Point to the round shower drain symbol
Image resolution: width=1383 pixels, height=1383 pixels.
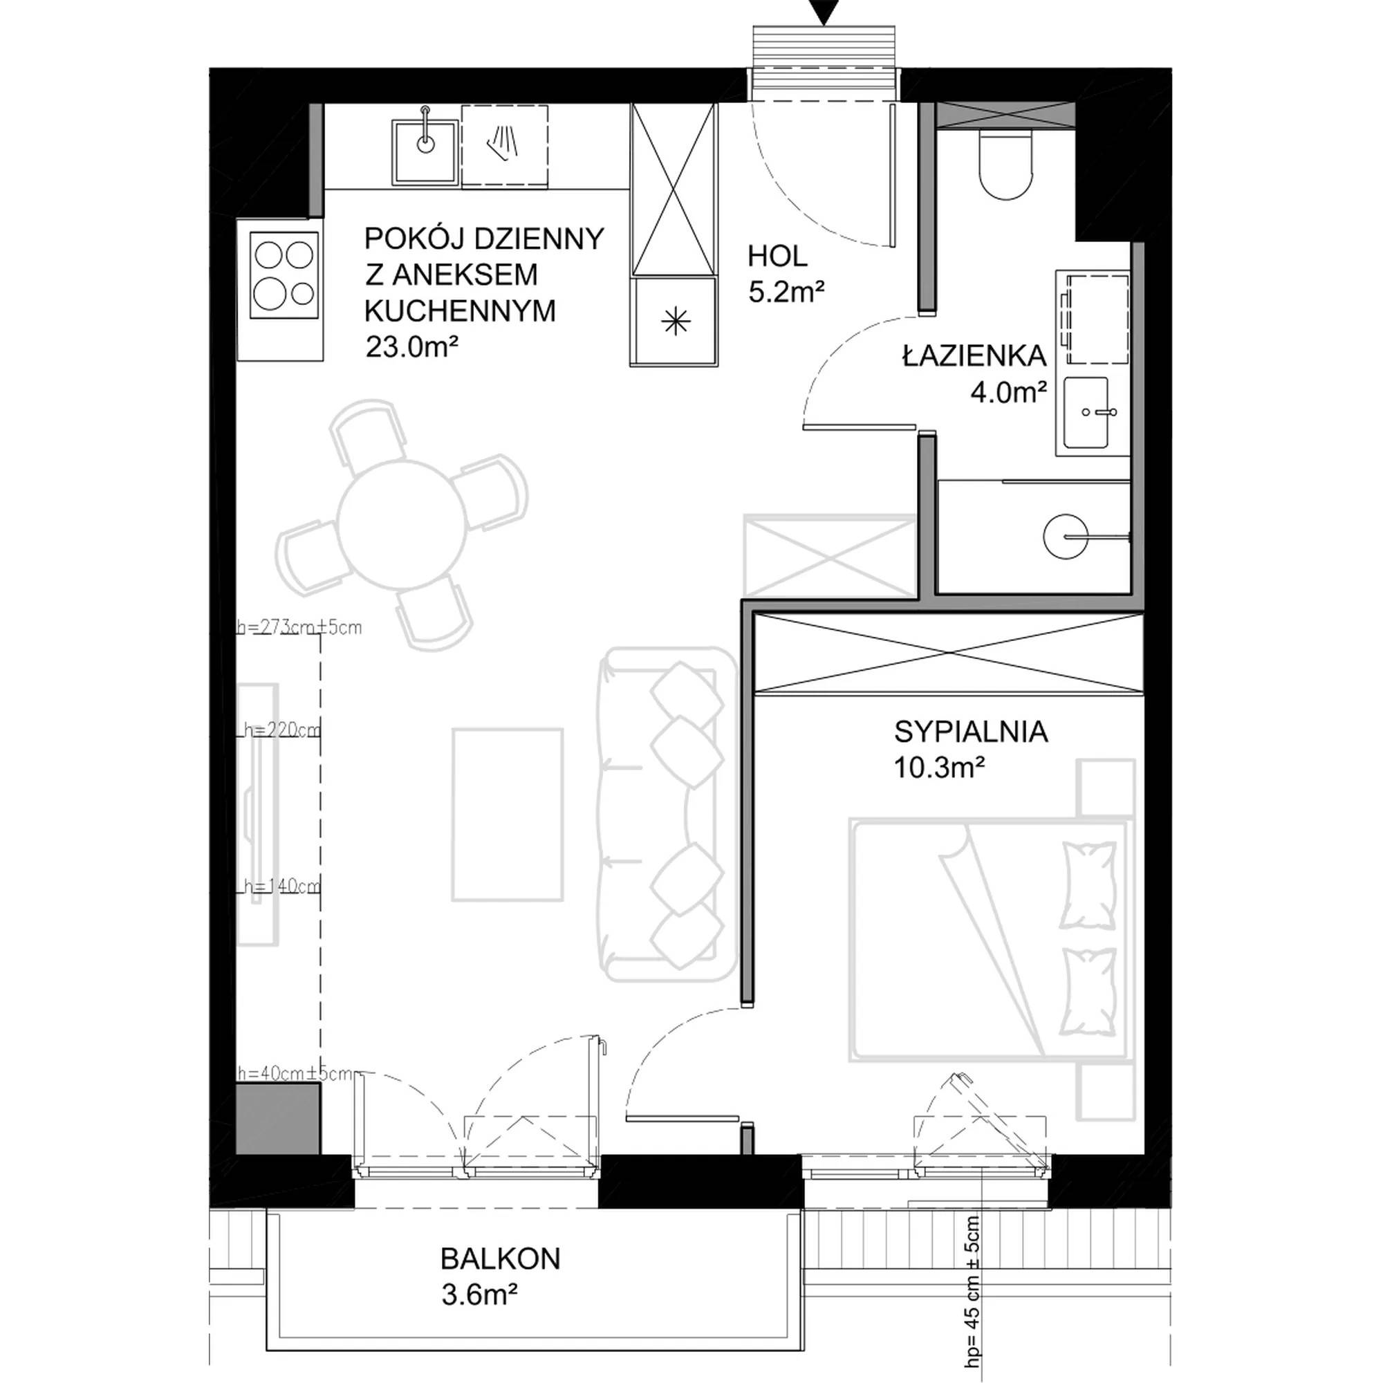pyautogui.click(x=1066, y=535)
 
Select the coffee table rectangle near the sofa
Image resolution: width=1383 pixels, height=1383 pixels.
pyautogui.click(x=508, y=814)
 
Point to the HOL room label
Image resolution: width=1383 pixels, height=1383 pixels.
pyautogui.click(x=777, y=256)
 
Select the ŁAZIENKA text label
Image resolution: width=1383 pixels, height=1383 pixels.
pyautogui.click(x=974, y=355)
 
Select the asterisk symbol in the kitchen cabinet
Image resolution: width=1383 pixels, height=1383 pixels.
pyautogui.click(x=676, y=322)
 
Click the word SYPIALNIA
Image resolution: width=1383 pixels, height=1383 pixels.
pyautogui.click(x=971, y=732)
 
